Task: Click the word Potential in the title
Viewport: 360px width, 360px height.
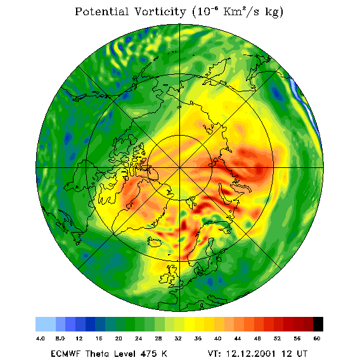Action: point(101,11)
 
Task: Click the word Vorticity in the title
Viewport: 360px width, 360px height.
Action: point(160,11)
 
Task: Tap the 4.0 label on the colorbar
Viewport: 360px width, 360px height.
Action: point(41,338)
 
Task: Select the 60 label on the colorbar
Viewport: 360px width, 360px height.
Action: point(317,338)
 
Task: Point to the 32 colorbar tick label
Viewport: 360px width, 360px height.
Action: point(178,338)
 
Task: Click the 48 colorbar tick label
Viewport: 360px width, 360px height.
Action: point(257,338)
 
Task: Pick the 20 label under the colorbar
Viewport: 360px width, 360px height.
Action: point(119,338)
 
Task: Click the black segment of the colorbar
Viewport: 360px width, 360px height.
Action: point(318,324)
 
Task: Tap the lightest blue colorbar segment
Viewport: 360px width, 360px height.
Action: point(46,324)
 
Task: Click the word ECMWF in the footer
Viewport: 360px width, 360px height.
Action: point(66,354)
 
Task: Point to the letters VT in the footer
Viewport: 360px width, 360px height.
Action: point(214,354)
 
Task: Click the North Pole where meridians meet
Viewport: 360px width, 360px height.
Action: point(180,168)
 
